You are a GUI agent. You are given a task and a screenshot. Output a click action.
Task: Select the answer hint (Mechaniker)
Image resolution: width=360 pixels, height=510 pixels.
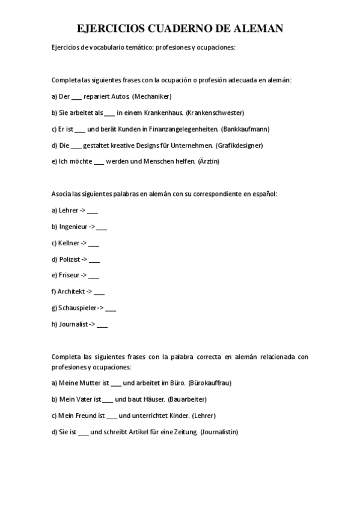point(152,96)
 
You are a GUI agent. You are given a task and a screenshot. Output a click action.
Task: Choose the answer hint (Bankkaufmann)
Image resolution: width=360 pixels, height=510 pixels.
point(245,129)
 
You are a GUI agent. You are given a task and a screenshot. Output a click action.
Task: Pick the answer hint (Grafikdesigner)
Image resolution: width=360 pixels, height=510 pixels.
point(239,145)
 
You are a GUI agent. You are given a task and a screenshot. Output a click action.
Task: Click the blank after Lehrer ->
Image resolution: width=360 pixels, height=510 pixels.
point(93,210)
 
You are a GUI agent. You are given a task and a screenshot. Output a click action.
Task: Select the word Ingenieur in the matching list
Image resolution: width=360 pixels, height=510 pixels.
point(73,227)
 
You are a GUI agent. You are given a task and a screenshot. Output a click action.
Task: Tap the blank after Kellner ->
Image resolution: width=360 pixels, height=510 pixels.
point(94,243)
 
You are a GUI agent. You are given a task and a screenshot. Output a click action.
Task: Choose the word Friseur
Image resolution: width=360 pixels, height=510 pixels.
point(69,275)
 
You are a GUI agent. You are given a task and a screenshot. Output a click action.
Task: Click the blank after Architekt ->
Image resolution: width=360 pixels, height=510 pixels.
point(99,292)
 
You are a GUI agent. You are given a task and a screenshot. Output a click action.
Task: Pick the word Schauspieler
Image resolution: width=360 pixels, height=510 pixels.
point(78,308)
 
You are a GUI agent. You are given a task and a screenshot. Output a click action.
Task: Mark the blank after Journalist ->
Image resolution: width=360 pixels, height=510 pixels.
point(102,324)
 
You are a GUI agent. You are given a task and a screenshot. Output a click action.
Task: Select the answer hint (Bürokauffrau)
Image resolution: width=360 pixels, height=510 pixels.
point(210,382)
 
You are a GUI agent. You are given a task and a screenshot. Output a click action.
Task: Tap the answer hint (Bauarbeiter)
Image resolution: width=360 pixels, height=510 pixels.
point(187,399)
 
